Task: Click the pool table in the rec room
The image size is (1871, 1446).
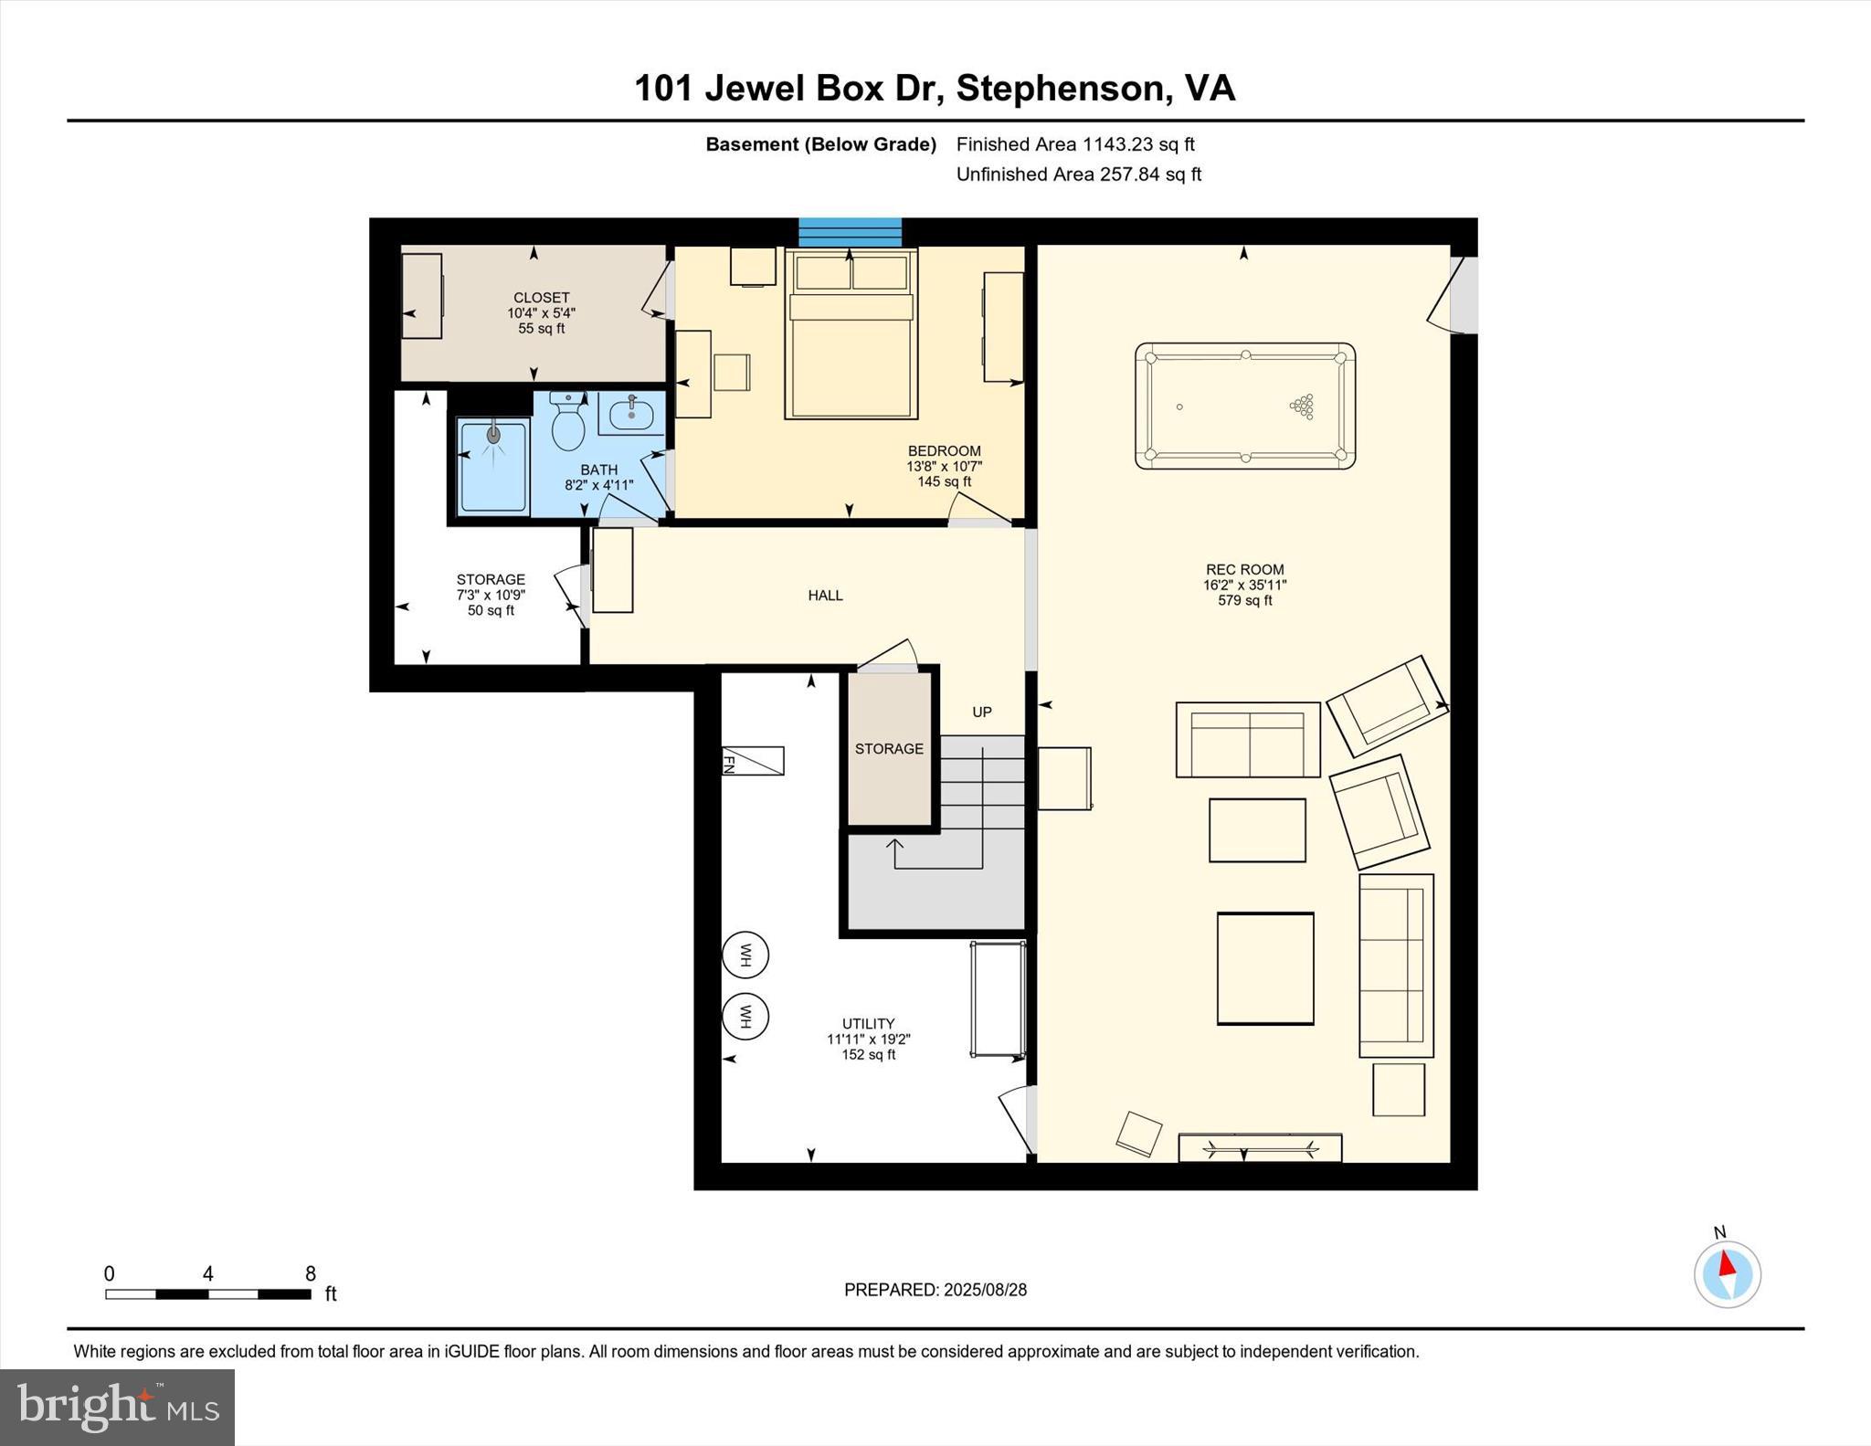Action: (1244, 406)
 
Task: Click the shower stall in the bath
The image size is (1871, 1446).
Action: (493, 466)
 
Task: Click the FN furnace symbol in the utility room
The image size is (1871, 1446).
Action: (753, 761)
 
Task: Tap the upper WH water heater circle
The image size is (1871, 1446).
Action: (745, 955)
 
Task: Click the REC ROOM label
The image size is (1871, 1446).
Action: (1244, 569)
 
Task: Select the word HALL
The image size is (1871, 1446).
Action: (825, 596)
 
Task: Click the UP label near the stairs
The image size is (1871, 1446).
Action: (981, 712)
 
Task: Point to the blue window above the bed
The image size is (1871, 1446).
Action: (850, 232)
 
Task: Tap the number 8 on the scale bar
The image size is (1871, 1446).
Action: (311, 1273)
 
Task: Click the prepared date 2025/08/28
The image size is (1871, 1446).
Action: (985, 1290)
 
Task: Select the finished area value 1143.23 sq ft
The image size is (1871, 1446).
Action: (1138, 144)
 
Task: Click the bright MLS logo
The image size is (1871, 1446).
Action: (117, 1407)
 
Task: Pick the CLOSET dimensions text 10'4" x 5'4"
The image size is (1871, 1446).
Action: (542, 313)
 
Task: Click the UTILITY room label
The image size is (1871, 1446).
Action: (868, 1024)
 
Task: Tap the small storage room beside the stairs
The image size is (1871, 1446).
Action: (889, 749)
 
